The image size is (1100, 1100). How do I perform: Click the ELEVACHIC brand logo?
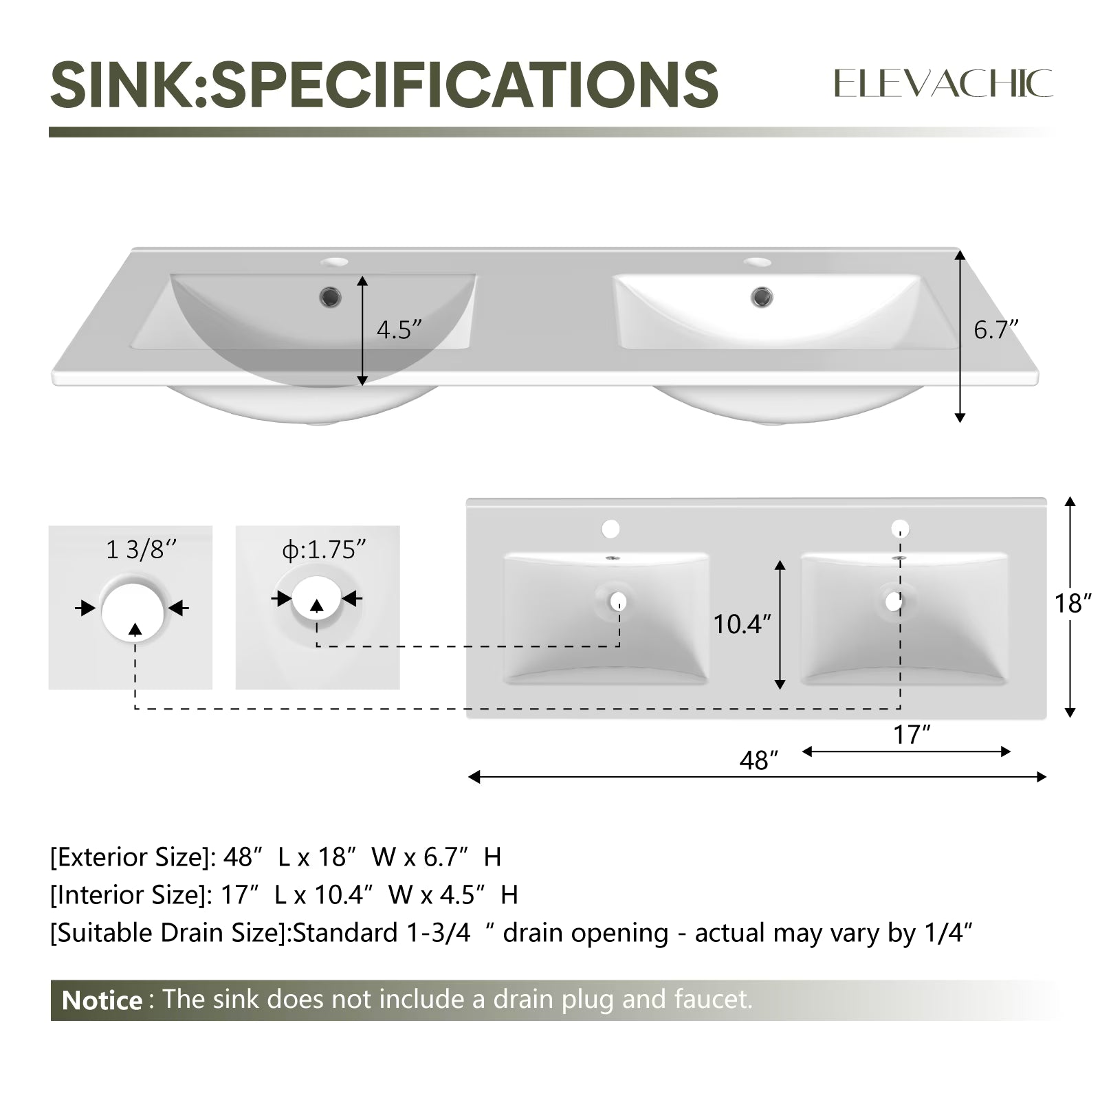coord(943,84)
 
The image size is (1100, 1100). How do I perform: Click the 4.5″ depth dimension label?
coord(399,330)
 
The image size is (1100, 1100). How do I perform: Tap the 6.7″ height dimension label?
coord(995,330)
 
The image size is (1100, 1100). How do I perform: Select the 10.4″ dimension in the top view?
coord(742,624)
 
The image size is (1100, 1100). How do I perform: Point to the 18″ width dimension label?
coord(1073,604)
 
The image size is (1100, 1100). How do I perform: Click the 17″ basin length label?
coord(912,735)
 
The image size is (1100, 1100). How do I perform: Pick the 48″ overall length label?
coord(759,760)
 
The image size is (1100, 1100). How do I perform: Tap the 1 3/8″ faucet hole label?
coord(141,550)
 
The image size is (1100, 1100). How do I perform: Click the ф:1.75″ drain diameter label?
coord(324,550)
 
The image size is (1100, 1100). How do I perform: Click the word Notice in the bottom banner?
coord(102,1000)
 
